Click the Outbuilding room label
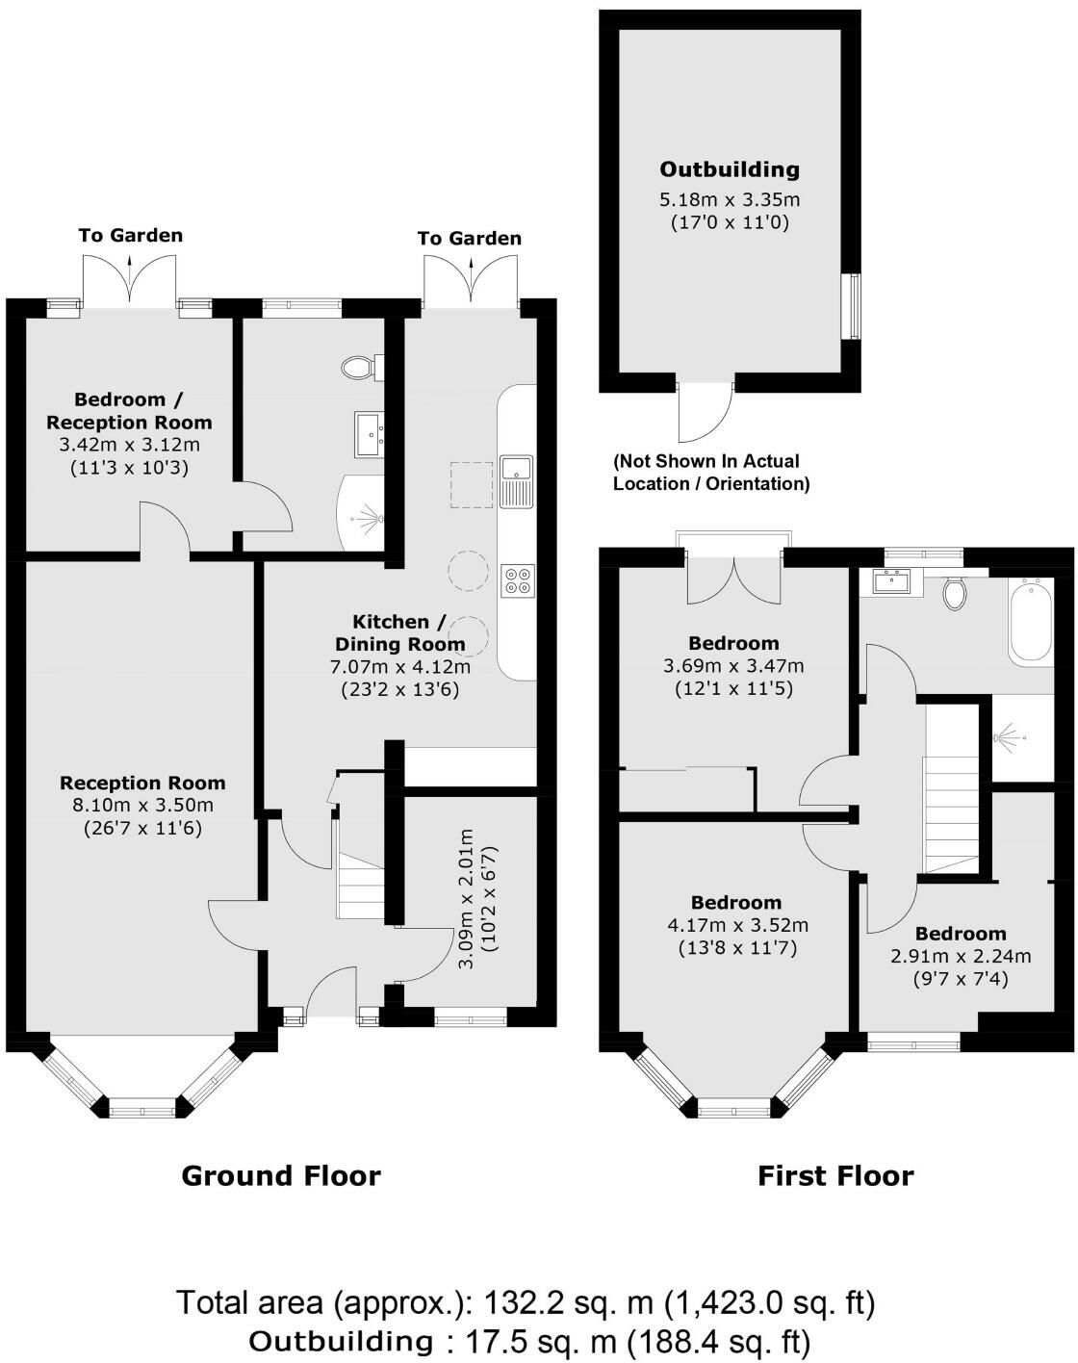730,169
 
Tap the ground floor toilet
358,367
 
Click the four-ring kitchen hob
518,579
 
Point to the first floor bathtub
1032,620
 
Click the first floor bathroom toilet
955,592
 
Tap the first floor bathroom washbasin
891,579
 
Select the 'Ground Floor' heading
281,1175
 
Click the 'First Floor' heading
835,1175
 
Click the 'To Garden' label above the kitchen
470,238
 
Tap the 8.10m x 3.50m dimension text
142,806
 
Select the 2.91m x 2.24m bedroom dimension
959,956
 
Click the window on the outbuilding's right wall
851,306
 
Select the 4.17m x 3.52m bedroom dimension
737,925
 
